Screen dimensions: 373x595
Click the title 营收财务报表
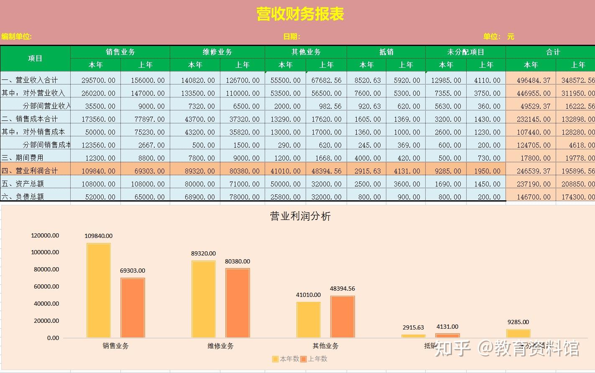click(x=300, y=14)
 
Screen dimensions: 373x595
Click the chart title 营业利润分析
click(x=300, y=216)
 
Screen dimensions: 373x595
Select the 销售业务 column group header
click(x=120, y=52)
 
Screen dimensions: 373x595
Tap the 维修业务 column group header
click(x=217, y=52)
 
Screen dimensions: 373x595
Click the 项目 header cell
click(x=35, y=58)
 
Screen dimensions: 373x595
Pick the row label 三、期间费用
click(x=23, y=158)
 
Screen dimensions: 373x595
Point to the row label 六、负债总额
click(x=23, y=197)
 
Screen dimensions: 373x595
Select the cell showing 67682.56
click(x=326, y=80)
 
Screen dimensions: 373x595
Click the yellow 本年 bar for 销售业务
click(x=99, y=290)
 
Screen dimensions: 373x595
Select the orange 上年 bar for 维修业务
click(x=237, y=303)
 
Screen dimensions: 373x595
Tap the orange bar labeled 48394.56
click(x=342, y=317)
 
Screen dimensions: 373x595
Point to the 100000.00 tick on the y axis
click(x=45, y=252)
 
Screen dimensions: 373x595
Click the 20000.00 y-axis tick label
click(x=46, y=321)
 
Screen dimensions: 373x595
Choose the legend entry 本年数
click(x=286, y=359)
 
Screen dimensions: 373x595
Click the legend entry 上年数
click(x=314, y=359)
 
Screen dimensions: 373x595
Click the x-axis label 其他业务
click(x=325, y=346)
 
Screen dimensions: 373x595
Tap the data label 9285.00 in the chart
click(x=518, y=322)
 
